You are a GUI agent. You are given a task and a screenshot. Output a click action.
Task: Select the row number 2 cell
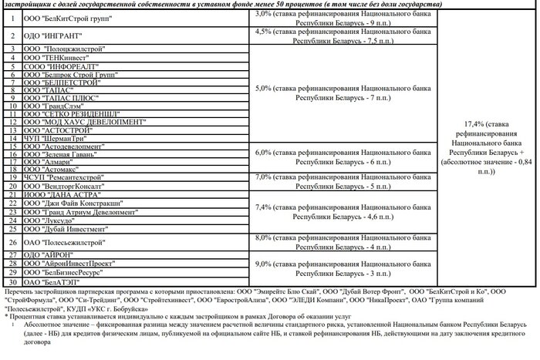[x=12, y=36]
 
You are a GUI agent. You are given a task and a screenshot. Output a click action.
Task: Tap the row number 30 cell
[x=12, y=282]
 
